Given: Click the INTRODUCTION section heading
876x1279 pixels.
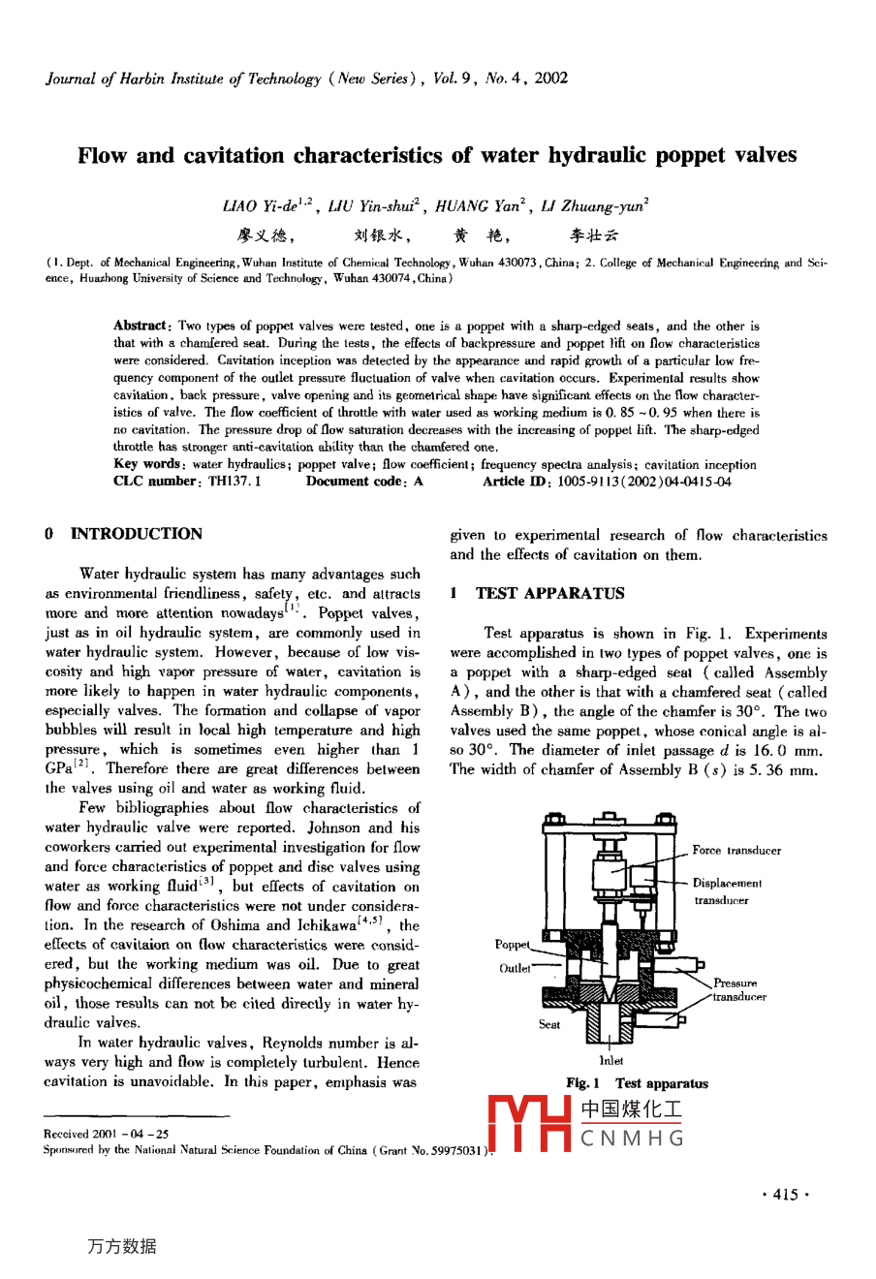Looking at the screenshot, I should tap(136, 534).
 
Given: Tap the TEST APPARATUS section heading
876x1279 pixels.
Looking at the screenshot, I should tap(549, 593).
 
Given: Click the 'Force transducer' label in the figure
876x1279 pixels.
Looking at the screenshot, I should tap(736, 851).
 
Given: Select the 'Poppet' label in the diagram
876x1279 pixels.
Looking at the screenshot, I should tap(512, 945).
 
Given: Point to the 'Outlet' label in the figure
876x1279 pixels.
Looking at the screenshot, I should tap(515, 968).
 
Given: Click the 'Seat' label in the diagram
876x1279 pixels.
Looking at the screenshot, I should tap(549, 1024).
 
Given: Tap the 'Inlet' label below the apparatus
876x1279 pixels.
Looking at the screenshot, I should tap(610, 1060).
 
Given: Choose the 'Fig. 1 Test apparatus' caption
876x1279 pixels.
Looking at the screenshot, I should tap(637, 1083).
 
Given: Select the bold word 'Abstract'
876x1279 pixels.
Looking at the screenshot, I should tap(141, 326).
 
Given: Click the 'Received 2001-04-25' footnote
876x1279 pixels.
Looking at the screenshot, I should tap(107, 1134).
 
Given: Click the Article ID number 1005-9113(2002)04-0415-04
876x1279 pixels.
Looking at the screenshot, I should tap(644, 482).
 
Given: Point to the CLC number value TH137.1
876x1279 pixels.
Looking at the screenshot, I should tap(235, 482).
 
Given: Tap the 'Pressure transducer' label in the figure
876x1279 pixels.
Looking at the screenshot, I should tap(738, 989).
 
